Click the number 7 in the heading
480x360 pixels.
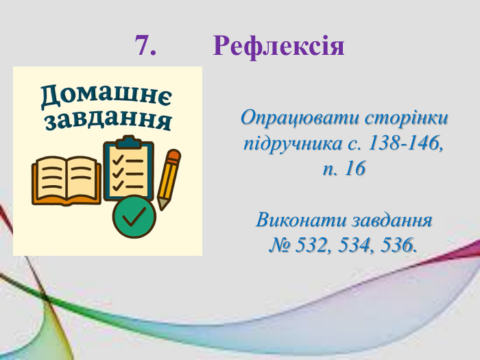(145, 46)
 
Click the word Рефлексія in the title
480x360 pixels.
(278, 46)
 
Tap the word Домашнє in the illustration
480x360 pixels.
(106, 96)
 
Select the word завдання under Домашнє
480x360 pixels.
(108, 121)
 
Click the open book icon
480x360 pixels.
(67, 180)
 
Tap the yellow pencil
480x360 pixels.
(168, 178)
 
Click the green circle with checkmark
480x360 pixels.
(134, 217)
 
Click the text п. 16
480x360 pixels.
(344, 169)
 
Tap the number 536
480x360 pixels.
(396, 245)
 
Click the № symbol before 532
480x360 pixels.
(279, 245)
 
